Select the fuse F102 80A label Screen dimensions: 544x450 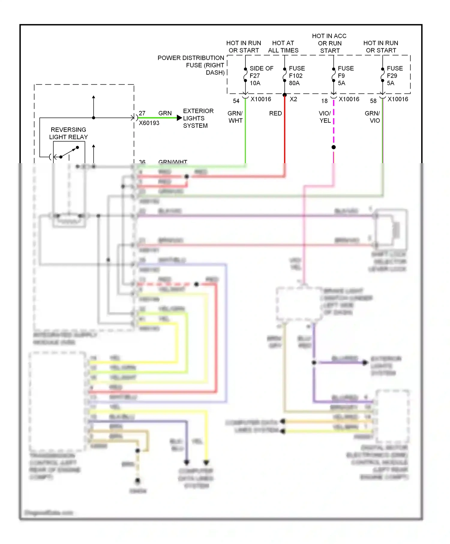point(296,76)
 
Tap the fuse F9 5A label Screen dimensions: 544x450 point(345,76)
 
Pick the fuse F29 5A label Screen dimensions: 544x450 point(394,76)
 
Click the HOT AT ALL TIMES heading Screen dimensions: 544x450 point(283,47)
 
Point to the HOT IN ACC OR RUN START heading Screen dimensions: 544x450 point(329,43)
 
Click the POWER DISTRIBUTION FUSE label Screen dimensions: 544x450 point(191,65)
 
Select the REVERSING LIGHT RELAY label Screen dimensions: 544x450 point(68,133)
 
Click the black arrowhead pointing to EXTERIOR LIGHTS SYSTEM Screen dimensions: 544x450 point(179,118)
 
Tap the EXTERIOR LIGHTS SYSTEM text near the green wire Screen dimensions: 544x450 point(198,118)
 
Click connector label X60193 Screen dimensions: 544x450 point(149,123)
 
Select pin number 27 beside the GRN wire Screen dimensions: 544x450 point(142,113)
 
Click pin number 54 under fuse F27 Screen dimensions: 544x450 point(236,101)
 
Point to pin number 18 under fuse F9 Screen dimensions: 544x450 point(324,101)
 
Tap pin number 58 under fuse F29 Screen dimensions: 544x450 point(373,101)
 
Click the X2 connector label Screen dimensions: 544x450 point(293,99)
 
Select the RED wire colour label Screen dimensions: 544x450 point(275,113)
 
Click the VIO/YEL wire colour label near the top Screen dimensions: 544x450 point(325,117)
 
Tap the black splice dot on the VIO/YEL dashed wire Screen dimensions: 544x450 point(334,147)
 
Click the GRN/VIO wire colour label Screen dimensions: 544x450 point(373,117)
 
